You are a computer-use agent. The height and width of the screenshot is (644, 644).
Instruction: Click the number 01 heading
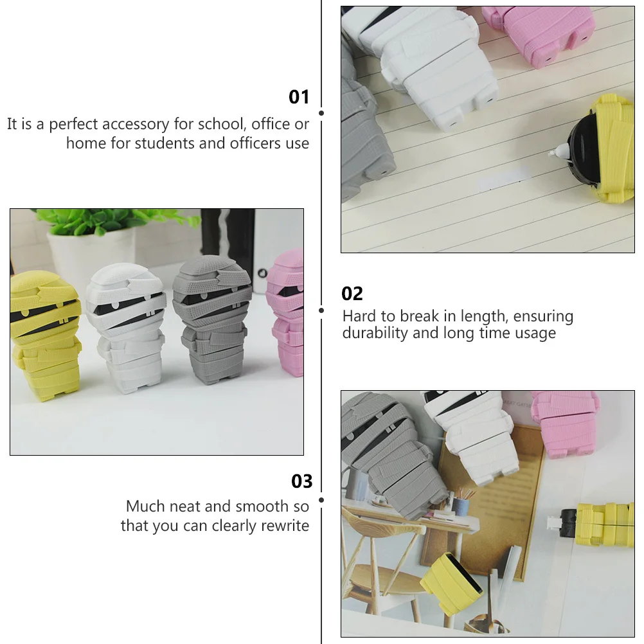[299, 97]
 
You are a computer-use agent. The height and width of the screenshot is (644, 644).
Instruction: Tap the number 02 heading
[352, 294]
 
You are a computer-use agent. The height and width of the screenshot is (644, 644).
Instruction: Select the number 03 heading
[301, 481]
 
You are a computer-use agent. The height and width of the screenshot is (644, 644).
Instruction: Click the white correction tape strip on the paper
[505, 182]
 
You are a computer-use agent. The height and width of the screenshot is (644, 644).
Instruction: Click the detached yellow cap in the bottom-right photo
[452, 582]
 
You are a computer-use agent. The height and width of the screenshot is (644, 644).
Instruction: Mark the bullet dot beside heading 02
[321, 310]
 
